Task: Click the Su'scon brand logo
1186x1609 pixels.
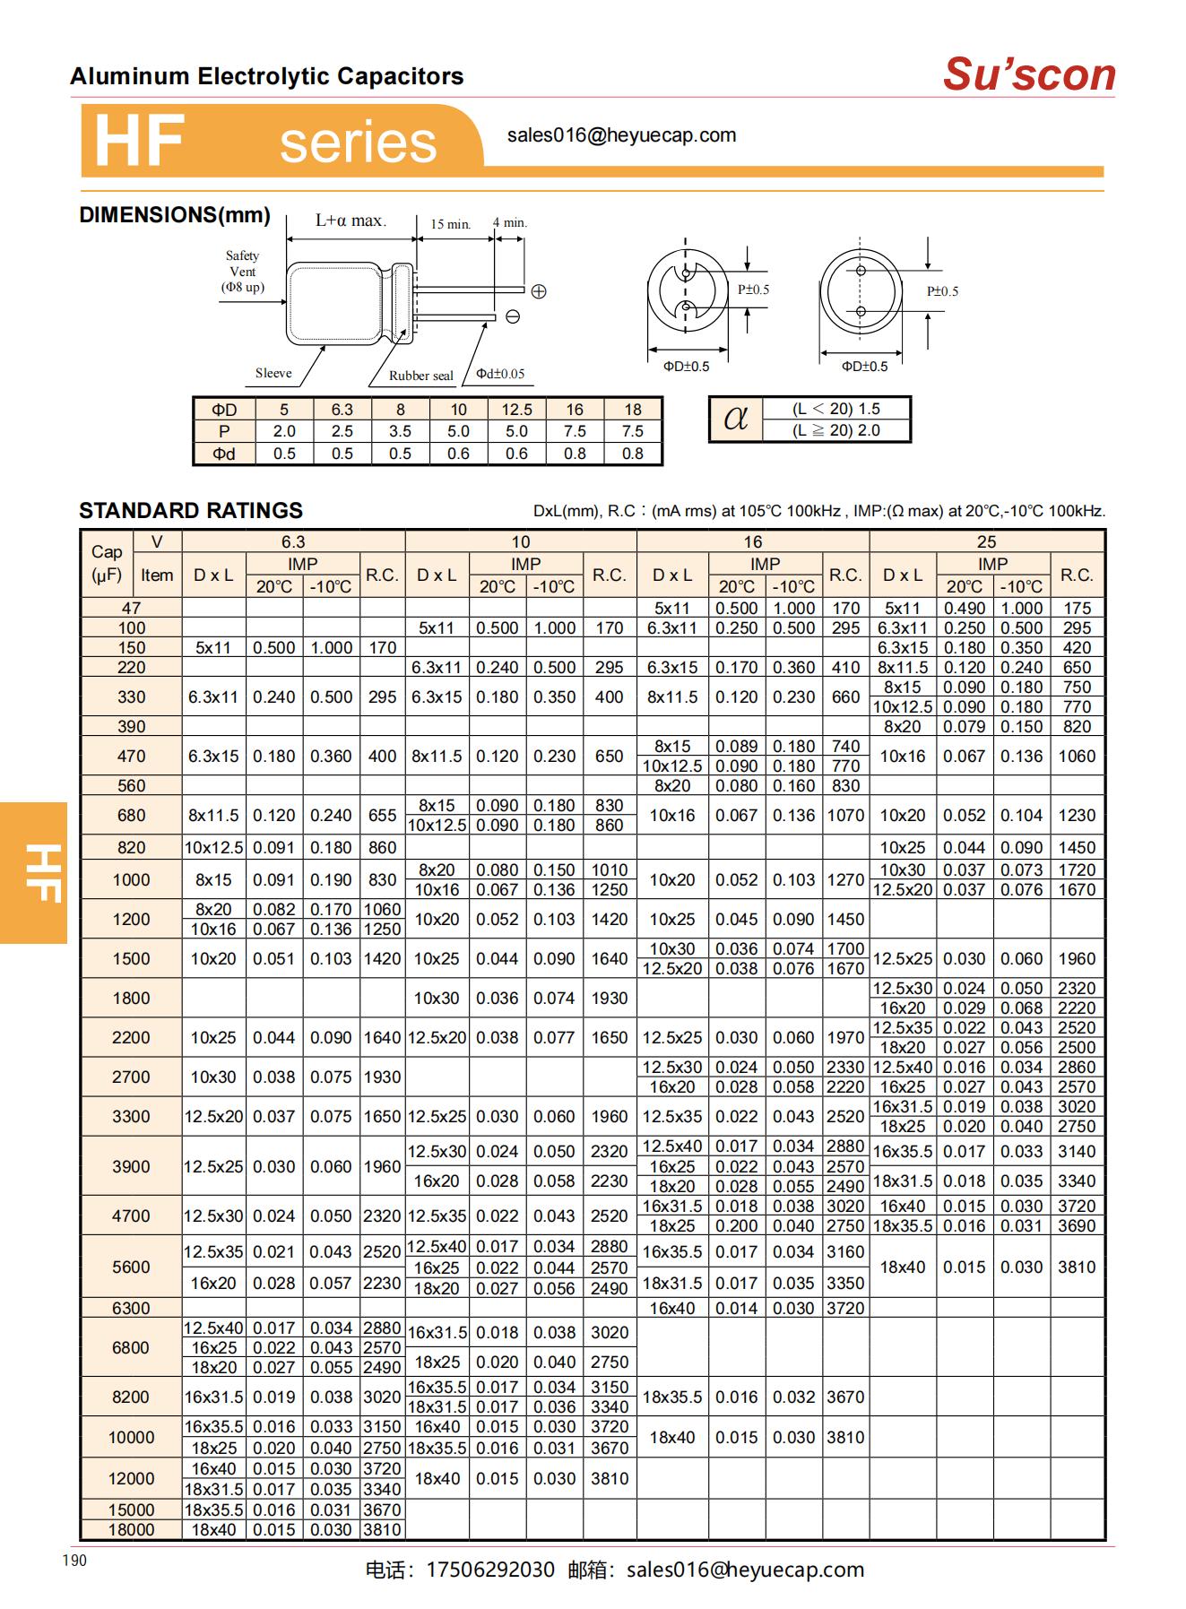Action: [1028, 74]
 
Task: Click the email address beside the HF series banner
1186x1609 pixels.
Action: [621, 135]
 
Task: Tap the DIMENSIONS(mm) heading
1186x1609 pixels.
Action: [175, 215]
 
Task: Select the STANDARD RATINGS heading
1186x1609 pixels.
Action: [191, 511]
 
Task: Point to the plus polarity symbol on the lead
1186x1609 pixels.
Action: [539, 291]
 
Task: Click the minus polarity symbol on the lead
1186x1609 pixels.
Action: [513, 316]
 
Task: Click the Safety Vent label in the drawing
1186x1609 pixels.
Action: [242, 271]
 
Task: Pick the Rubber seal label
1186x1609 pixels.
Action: [420, 376]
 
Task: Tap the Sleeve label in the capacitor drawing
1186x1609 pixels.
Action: [273, 373]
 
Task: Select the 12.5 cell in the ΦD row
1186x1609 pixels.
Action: [516, 410]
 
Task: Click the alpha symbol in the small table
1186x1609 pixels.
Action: [735, 419]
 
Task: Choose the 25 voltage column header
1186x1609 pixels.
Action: [986, 541]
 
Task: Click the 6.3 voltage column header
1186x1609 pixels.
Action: [293, 541]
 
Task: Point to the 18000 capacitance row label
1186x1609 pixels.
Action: [131, 1530]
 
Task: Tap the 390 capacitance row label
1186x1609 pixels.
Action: [131, 727]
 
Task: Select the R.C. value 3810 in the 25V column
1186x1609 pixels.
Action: [1077, 1267]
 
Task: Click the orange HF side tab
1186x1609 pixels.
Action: [34, 872]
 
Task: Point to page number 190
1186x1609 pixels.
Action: [75, 1561]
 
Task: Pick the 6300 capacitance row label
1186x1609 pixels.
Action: [131, 1308]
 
